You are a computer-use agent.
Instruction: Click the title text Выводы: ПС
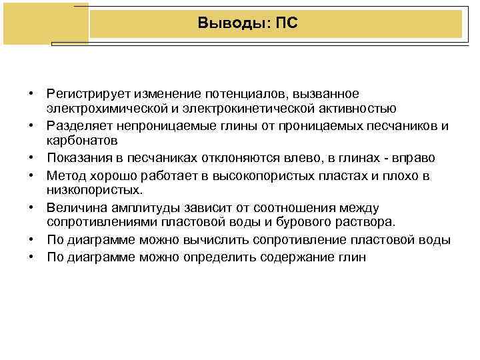click(248, 24)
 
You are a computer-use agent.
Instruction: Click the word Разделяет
click(77, 125)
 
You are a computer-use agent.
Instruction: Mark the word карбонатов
click(82, 141)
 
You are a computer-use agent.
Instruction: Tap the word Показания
click(77, 157)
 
